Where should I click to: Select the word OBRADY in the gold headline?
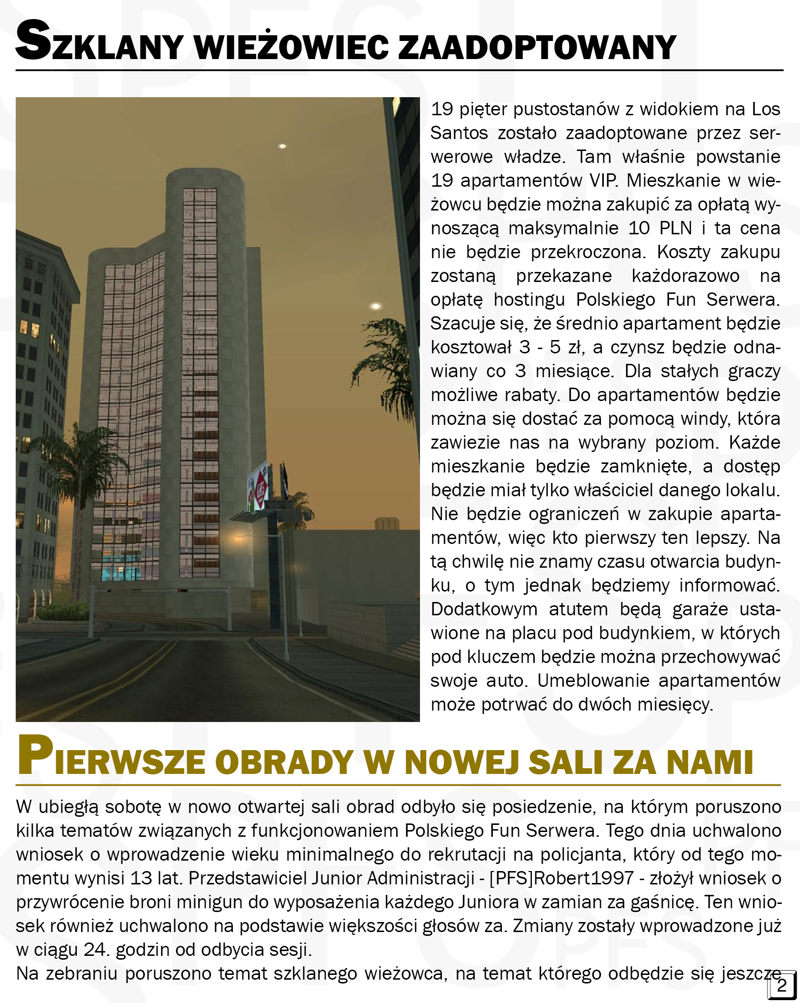286,762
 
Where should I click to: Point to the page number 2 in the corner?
781,985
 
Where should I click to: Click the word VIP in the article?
603,181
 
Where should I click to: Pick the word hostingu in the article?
529,300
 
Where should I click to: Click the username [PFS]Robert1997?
561,878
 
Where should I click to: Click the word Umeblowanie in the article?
593,681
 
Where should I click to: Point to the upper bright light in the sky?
282,146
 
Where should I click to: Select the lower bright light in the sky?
376,306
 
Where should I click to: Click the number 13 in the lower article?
141,878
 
